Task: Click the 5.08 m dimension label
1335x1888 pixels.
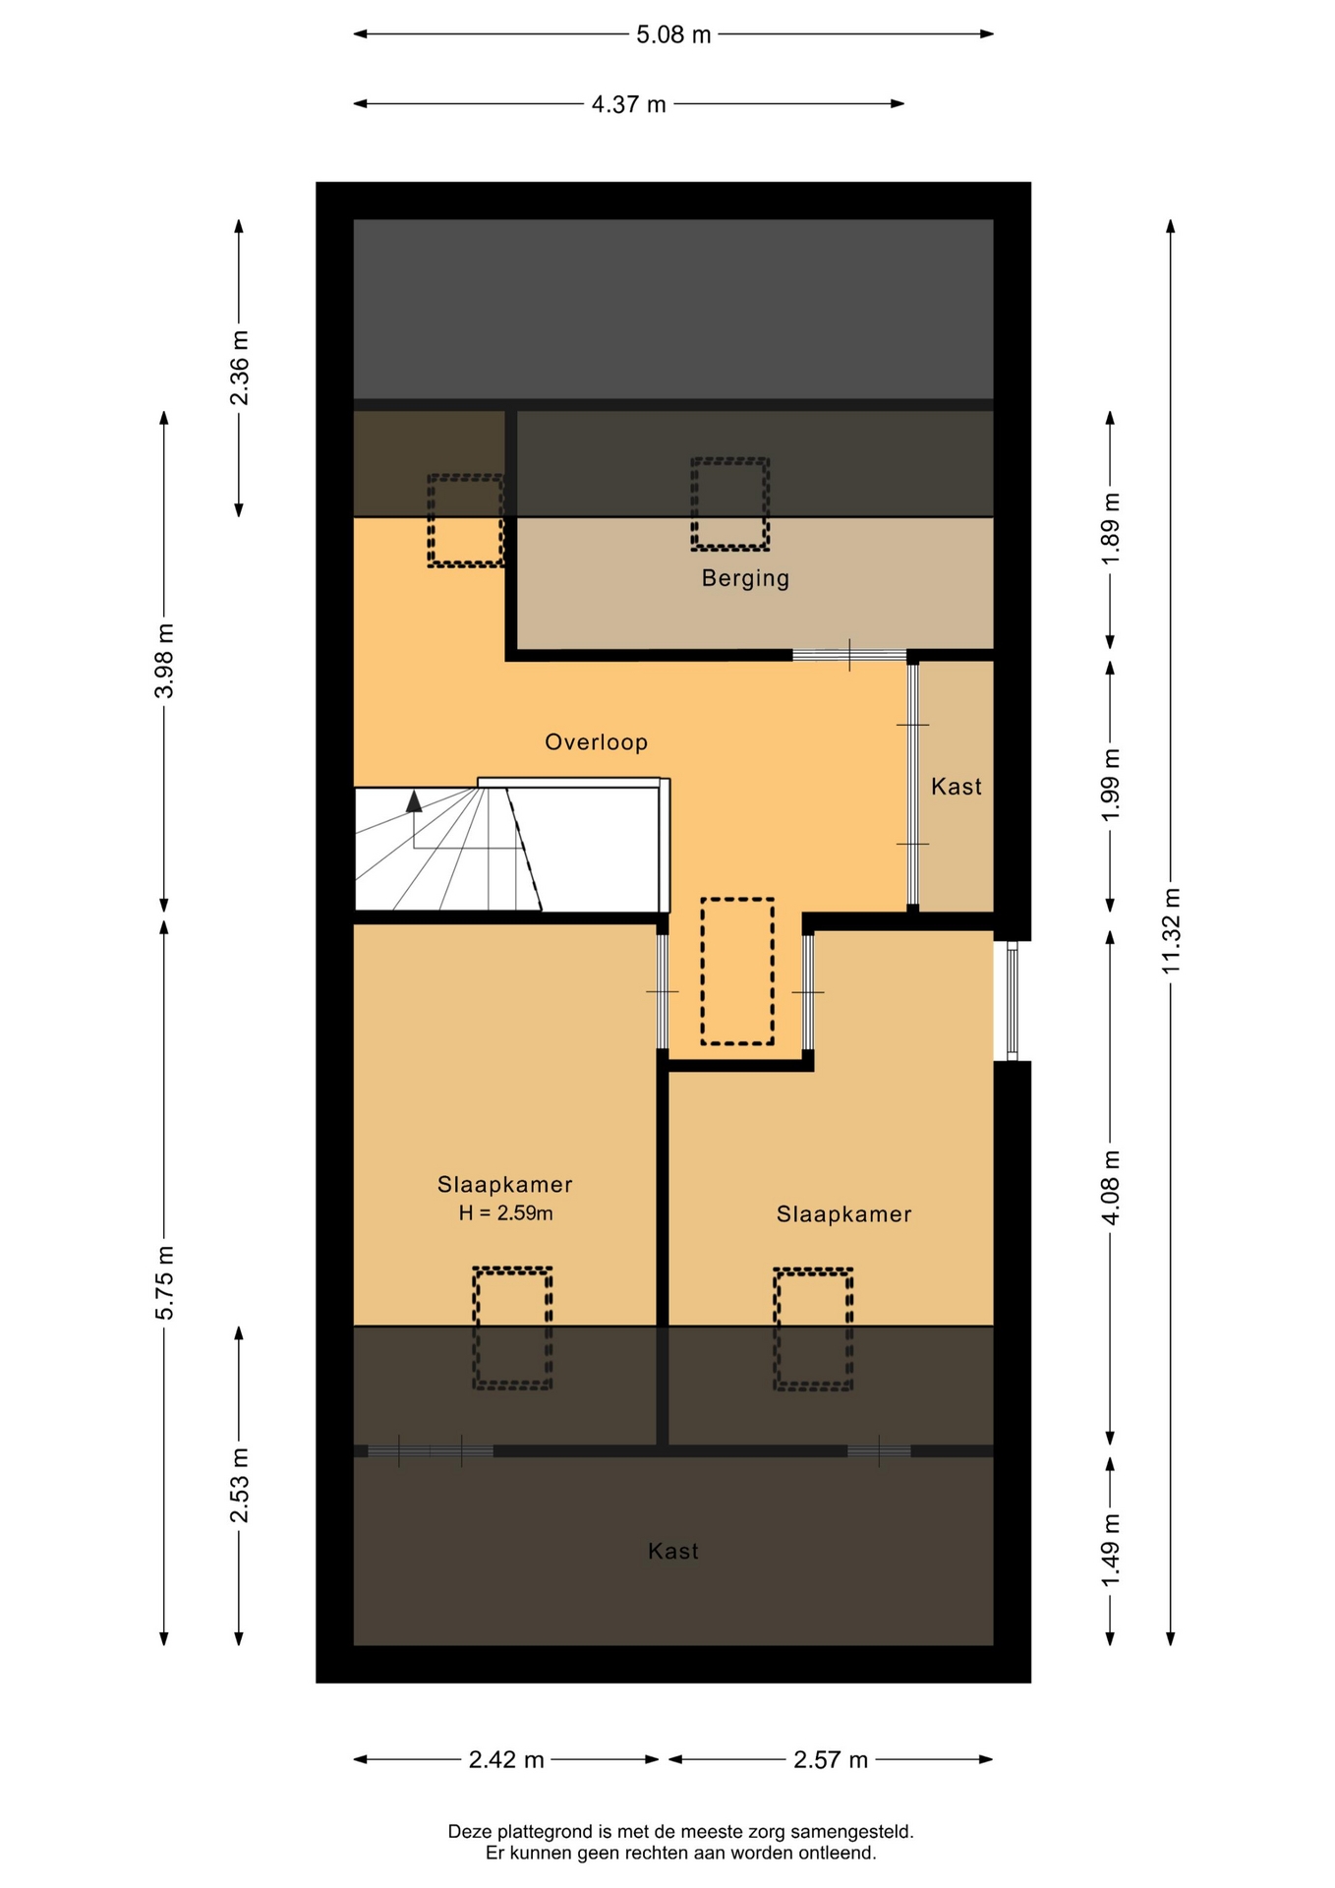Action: pyautogui.click(x=673, y=34)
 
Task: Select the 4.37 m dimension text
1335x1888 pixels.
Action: pyautogui.click(x=628, y=104)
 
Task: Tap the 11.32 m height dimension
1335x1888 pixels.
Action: pyautogui.click(x=1170, y=930)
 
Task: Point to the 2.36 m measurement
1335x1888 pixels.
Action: pyautogui.click(x=239, y=368)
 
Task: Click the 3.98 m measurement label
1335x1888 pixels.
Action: pyautogui.click(x=164, y=661)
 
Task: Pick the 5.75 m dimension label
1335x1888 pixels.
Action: pyautogui.click(x=164, y=1282)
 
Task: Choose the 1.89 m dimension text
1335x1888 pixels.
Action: pyautogui.click(x=1110, y=529)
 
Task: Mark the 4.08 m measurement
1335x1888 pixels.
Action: pyautogui.click(x=1110, y=1188)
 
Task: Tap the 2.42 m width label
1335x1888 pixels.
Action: pyautogui.click(x=506, y=1759)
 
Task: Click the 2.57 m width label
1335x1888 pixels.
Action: pyautogui.click(x=831, y=1759)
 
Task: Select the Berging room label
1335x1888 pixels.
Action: pyautogui.click(x=745, y=578)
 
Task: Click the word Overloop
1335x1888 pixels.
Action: pyautogui.click(x=597, y=741)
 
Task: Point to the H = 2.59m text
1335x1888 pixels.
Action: pyautogui.click(x=505, y=1213)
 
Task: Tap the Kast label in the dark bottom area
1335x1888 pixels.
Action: pyautogui.click(x=673, y=1551)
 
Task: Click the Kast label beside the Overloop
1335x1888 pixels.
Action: pyautogui.click(x=957, y=786)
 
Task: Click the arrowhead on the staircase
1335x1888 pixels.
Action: pyautogui.click(x=414, y=801)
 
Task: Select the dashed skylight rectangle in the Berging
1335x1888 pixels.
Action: pyautogui.click(x=729, y=503)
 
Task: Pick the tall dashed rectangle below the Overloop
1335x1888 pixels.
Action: pyautogui.click(x=737, y=972)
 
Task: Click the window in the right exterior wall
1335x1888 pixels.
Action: pyautogui.click(x=1012, y=1001)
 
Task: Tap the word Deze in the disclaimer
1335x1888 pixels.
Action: pyautogui.click(x=469, y=1832)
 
